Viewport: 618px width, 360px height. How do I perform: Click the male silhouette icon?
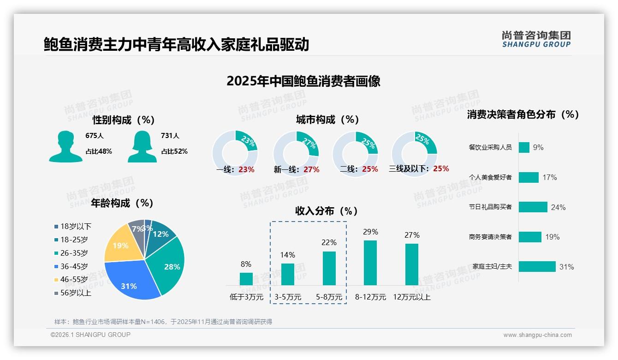click(66, 146)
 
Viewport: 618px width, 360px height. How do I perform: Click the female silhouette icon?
click(142, 146)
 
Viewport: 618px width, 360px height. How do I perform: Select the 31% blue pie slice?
click(131, 282)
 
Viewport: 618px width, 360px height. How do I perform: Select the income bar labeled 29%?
click(370, 263)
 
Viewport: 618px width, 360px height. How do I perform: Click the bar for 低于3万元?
click(246, 279)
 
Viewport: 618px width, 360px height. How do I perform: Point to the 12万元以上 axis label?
click(411, 297)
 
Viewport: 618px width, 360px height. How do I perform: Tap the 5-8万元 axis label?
click(329, 297)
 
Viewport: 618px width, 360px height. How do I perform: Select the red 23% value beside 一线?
click(246, 169)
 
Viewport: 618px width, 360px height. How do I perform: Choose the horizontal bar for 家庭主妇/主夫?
click(537, 266)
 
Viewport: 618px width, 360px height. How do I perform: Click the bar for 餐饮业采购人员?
click(524, 147)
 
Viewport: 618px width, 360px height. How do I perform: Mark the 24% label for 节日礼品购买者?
click(558, 207)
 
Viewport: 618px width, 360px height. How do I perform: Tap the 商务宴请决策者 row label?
click(490, 237)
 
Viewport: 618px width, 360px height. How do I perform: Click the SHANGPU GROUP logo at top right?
click(536, 39)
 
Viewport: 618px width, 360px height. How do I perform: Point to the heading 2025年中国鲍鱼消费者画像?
click(303, 81)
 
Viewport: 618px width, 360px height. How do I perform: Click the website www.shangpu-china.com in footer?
click(537, 335)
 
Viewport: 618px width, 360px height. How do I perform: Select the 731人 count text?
click(170, 136)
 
